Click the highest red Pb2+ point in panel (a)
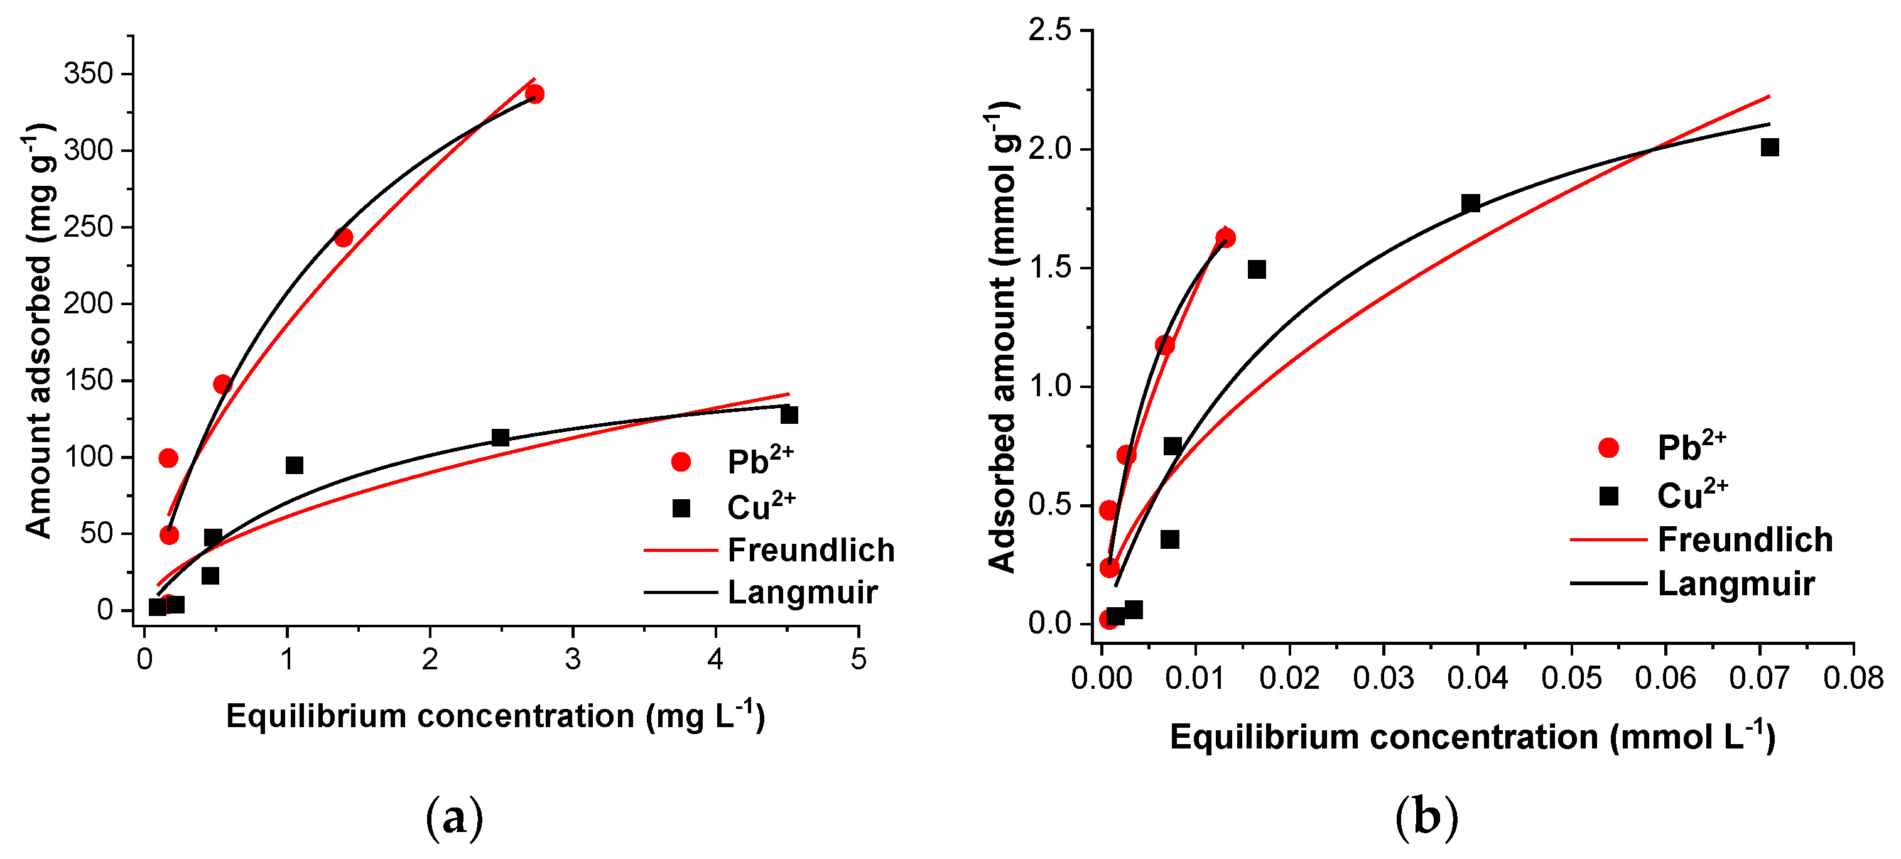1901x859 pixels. tap(535, 94)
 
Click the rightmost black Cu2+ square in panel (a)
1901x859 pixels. tap(789, 414)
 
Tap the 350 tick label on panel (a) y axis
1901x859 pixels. tap(89, 74)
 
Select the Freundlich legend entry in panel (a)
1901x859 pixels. tap(810, 550)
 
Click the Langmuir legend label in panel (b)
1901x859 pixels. tap(1736, 584)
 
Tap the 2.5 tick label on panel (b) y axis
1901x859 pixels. tap(1049, 30)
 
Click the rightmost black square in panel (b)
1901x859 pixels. tap(1770, 148)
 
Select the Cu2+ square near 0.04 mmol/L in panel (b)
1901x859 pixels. tap(1471, 203)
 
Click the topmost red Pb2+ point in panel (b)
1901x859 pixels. tap(1226, 237)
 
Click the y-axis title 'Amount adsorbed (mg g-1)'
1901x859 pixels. tap(38, 332)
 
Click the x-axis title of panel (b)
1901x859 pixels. tap(1472, 737)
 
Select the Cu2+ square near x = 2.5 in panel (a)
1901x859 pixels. tap(501, 438)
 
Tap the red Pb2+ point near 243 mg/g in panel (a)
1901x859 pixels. tap(343, 237)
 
